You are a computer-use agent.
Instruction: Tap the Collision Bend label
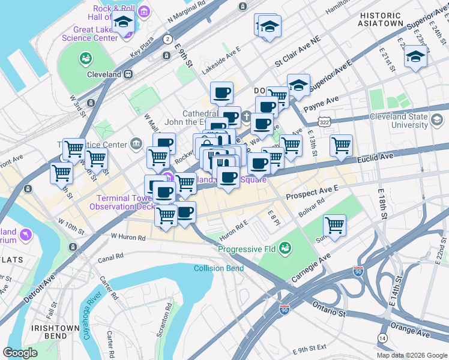(218, 268)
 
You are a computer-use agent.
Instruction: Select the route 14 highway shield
(382, 338)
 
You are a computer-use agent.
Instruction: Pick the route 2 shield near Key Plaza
(166, 39)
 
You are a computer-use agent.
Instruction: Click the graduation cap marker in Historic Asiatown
(415, 56)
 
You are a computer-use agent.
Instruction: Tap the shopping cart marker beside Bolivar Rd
(334, 225)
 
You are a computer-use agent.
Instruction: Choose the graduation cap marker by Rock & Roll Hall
(124, 23)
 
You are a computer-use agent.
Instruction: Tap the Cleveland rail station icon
(127, 74)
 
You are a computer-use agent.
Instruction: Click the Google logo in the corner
(20, 353)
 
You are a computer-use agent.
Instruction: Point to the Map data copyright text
(412, 355)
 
